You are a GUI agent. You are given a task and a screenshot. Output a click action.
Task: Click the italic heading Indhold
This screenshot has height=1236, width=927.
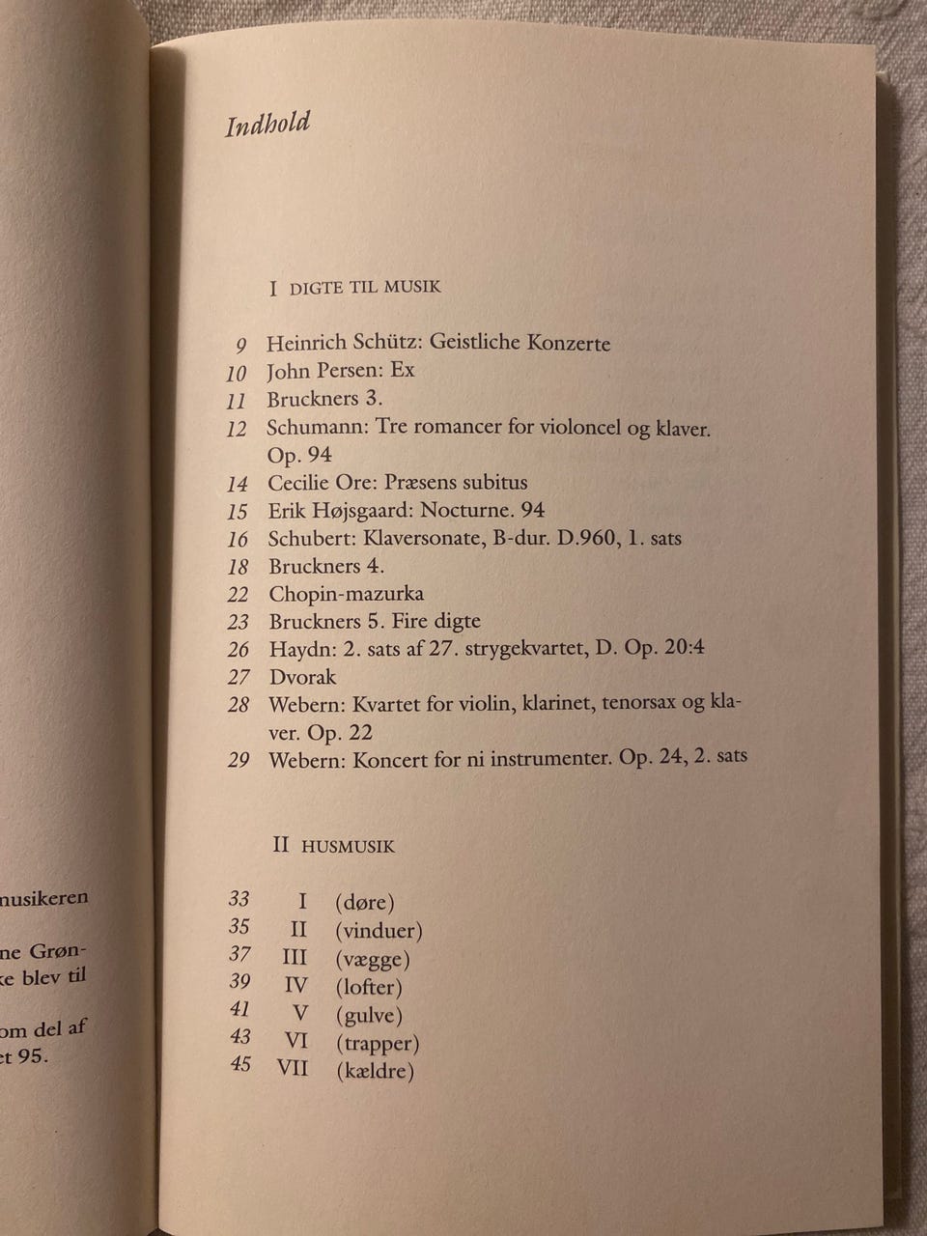click(267, 125)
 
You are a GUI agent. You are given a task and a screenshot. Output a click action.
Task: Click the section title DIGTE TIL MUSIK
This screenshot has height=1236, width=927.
click(365, 287)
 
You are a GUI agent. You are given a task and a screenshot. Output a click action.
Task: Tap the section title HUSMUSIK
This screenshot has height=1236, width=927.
click(348, 846)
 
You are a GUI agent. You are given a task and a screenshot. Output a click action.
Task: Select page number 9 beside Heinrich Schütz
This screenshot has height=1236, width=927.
click(240, 345)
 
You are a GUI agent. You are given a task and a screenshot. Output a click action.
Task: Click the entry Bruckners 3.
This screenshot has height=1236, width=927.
click(326, 399)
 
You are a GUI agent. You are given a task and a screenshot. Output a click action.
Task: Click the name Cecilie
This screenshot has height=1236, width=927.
click(298, 483)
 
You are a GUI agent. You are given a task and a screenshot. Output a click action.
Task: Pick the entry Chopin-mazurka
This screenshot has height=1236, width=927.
click(346, 594)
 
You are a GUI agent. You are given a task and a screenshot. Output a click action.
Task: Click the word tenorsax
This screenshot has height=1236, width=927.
click(640, 704)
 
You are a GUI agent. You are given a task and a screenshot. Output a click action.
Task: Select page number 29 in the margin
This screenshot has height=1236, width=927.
click(239, 760)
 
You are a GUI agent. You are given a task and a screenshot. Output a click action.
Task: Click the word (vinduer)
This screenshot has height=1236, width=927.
click(379, 932)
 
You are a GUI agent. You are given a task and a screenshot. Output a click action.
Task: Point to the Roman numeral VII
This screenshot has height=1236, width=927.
click(292, 1069)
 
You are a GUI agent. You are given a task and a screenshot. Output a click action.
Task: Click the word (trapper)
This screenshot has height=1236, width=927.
click(377, 1043)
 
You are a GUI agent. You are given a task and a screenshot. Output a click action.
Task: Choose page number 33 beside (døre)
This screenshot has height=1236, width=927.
click(239, 899)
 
